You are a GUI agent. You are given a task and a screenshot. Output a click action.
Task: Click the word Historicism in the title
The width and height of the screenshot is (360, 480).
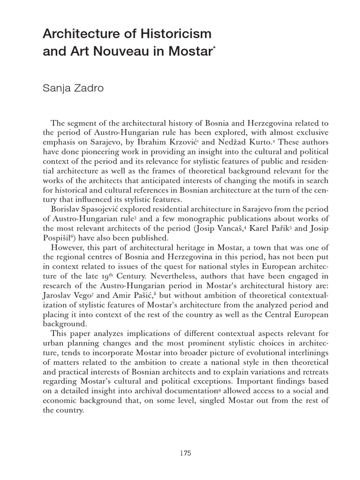(173, 34)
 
